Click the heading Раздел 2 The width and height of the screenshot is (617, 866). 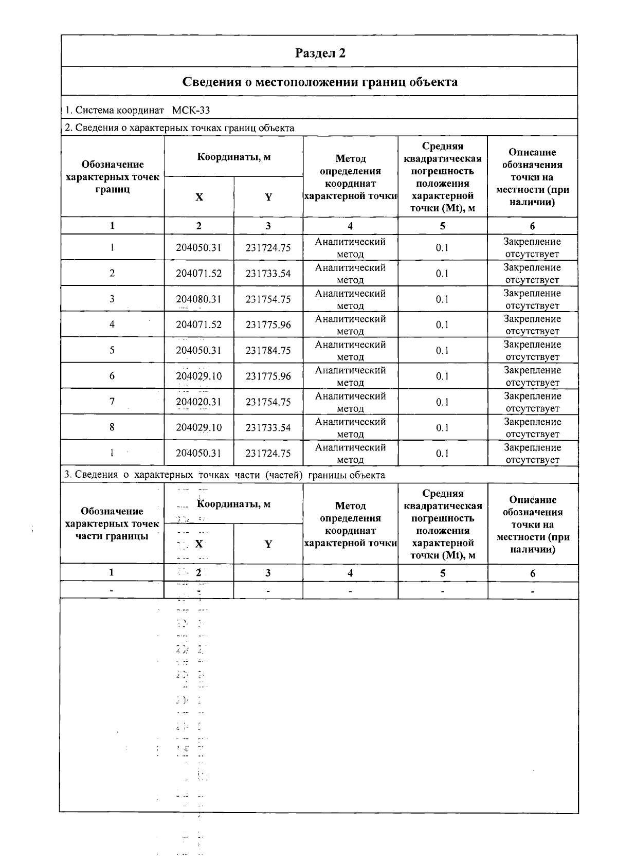(x=320, y=53)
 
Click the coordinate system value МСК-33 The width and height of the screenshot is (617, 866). (x=191, y=110)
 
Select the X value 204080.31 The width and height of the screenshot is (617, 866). (x=198, y=299)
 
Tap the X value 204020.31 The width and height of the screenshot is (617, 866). (x=198, y=402)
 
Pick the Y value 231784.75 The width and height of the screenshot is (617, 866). (x=268, y=351)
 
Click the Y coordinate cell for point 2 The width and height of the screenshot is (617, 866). (x=268, y=274)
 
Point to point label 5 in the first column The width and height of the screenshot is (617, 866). (x=112, y=350)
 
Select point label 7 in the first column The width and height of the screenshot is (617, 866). (x=112, y=402)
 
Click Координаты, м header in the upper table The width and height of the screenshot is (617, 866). (x=233, y=157)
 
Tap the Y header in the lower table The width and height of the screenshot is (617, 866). (x=268, y=544)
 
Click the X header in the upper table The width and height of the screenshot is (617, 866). (x=199, y=197)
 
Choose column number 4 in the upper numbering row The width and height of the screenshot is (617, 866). (x=350, y=226)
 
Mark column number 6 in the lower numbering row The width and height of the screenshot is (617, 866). (x=533, y=573)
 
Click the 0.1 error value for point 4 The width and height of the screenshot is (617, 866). (x=442, y=325)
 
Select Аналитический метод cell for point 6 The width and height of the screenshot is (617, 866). (x=350, y=376)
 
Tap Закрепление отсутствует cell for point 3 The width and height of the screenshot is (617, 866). (x=532, y=299)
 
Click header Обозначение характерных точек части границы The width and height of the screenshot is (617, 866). (x=112, y=524)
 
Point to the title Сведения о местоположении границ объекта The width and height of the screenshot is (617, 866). (x=320, y=82)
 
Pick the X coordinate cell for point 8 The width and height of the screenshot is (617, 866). (x=198, y=428)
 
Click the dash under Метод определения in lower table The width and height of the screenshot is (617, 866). (x=350, y=591)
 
